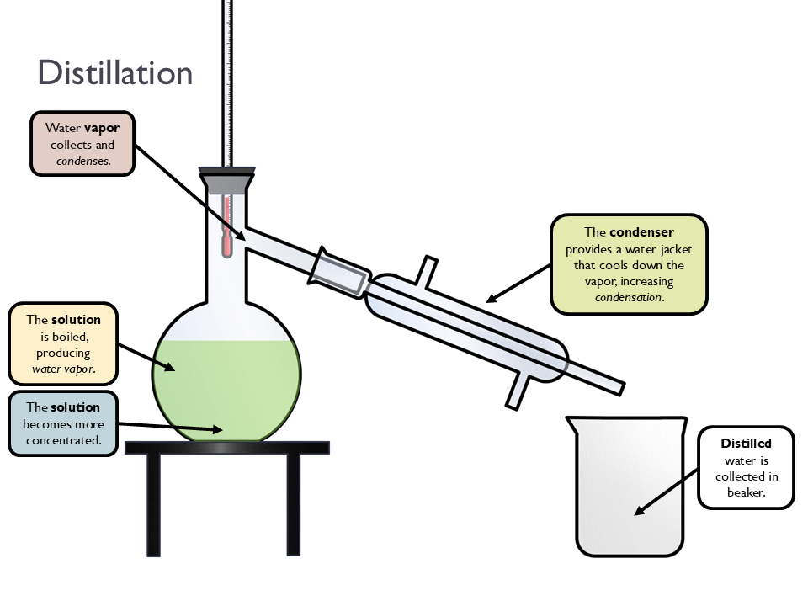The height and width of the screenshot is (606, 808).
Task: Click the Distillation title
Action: click(115, 73)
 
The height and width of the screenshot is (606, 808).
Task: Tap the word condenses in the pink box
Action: click(82, 161)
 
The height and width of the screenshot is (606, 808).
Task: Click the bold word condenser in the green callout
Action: click(641, 231)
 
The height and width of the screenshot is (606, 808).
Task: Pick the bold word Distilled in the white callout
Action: click(746, 443)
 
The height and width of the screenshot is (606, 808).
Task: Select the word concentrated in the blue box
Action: click(63, 439)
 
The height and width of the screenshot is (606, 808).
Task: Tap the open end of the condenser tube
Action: click(620, 387)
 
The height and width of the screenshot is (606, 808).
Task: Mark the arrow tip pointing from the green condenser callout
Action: click(489, 300)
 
